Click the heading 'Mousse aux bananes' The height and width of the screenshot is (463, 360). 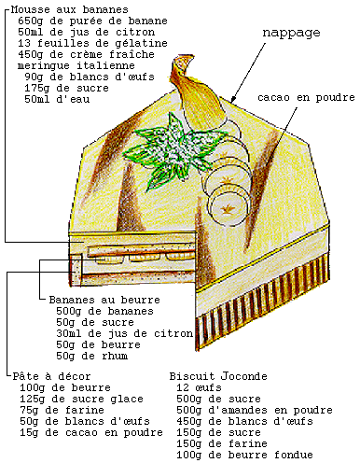tap(69, 9)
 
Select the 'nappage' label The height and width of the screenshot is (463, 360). tap(291, 33)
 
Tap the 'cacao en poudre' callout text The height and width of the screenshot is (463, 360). tap(306, 97)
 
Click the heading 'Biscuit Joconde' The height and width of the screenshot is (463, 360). tap(218, 376)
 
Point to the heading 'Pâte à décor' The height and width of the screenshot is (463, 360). tap(51, 376)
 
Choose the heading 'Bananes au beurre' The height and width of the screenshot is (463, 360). tap(104, 300)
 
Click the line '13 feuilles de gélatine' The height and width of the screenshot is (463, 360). tap(92, 43)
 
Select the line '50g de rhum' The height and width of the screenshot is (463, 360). tap(92, 356)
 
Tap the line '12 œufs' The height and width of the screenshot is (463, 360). tap(199, 387)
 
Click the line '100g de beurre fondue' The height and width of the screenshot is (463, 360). tap(244, 455)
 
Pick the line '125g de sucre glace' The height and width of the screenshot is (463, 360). tap(81, 399)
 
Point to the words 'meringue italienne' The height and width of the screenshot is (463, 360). tap(76, 65)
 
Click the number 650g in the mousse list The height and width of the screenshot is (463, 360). tap(31, 21)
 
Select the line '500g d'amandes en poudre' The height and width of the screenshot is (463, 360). tap(255, 410)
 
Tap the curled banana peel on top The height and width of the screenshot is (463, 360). tap(197, 93)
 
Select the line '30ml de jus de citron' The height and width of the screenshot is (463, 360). tap(125, 333)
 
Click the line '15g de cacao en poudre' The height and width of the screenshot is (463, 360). tap(91, 432)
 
